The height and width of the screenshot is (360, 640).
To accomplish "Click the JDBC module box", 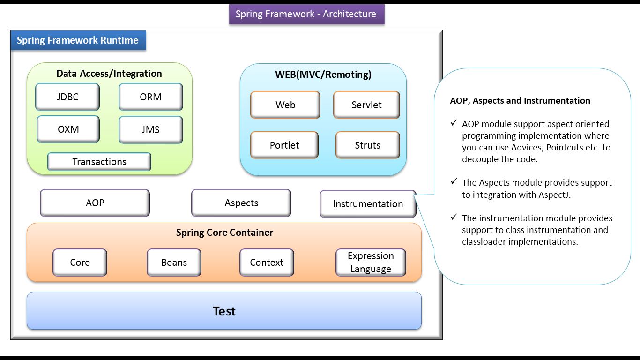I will (67, 97).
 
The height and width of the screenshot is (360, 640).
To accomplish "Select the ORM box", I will (150, 97).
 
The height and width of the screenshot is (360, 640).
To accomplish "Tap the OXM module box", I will (68, 129).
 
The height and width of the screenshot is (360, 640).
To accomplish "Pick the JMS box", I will (150, 130).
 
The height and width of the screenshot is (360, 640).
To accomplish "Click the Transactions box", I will (99, 162).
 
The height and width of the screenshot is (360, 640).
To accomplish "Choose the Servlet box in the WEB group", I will (366, 105).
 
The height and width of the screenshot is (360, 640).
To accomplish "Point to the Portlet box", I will (284, 145).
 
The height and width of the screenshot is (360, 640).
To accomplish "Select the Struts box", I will (367, 145).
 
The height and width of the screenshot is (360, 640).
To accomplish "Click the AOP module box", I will (95, 203).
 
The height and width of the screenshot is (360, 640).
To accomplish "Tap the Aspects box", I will (241, 203).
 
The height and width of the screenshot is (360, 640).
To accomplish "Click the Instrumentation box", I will (368, 204).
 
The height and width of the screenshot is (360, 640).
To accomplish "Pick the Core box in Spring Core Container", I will (80, 262).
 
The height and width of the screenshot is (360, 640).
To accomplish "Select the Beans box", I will (174, 262).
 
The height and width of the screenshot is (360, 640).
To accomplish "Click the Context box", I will (267, 262).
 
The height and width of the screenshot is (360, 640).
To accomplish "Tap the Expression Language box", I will (371, 262).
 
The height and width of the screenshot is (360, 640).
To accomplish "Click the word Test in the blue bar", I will (224, 311).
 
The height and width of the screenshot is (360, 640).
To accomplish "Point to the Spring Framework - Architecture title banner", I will (306, 14).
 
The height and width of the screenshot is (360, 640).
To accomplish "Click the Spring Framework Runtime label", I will (78, 40).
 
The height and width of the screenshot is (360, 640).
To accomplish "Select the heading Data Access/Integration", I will (109, 74).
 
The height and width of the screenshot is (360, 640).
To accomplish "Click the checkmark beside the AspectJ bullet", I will (454, 181).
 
